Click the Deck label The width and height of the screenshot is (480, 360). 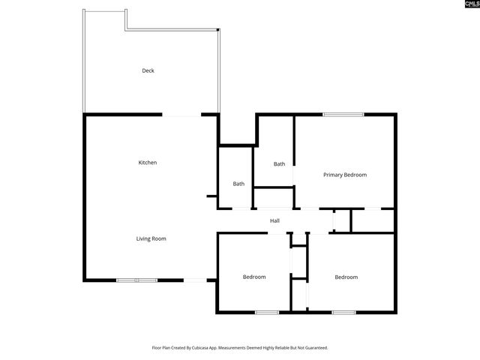click(148, 71)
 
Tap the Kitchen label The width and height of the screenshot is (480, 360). click(148, 163)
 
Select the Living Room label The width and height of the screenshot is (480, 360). click(151, 238)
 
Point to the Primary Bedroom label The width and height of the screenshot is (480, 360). click(345, 175)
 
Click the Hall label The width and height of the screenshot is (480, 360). click(274, 220)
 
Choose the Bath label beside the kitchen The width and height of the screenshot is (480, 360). click(238, 184)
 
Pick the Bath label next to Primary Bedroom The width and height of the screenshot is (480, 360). click(279, 164)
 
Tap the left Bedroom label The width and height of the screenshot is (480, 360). click(254, 277)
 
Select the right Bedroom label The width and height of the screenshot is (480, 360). click(346, 277)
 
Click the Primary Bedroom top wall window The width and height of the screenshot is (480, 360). click(343, 114)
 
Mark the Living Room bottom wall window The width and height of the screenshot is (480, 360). click(136, 280)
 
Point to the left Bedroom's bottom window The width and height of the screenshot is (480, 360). click(267, 312)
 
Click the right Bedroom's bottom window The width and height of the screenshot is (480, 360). click(343, 312)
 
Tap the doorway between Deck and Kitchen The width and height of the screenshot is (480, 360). click(181, 115)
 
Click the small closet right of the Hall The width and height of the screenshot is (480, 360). click(342, 220)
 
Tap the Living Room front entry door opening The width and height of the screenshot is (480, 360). click(195, 280)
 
